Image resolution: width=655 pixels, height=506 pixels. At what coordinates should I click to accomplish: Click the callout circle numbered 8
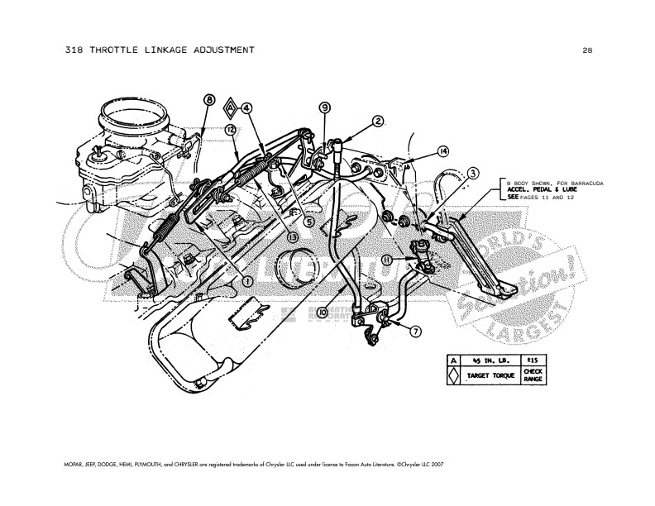(x=208, y=100)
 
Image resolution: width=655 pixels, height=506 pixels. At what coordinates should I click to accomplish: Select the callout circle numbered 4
(x=246, y=107)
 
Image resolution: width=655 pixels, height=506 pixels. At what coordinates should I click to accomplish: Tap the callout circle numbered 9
(x=324, y=107)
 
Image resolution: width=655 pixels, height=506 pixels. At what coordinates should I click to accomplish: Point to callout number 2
(x=377, y=121)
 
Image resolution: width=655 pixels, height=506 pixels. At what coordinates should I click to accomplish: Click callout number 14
(x=443, y=151)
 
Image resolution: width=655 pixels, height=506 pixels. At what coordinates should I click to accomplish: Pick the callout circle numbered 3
(x=472, y=173)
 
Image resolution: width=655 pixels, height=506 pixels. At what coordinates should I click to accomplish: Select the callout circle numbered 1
(x=246, y=281)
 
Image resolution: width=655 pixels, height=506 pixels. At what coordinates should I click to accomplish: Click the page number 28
(x=586, y=50)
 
